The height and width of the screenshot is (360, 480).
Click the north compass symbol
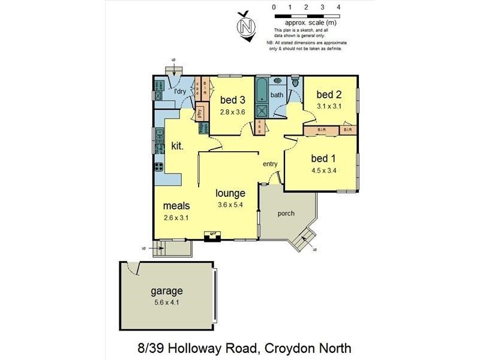(245, 26)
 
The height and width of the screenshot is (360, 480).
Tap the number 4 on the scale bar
(339, 7)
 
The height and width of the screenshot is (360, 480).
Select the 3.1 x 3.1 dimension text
(329, 106)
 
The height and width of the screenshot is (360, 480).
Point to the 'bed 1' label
(323, 158)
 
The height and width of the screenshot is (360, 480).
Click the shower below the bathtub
(262, 111)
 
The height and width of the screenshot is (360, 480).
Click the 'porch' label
(286, 213)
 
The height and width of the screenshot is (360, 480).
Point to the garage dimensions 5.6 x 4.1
(166, 302)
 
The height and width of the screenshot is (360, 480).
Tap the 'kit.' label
(178, 146)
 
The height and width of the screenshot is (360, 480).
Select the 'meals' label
(176, 206)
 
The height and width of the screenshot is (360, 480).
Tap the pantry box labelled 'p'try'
(199, 113)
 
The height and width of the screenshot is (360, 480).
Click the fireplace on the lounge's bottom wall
(212, 235)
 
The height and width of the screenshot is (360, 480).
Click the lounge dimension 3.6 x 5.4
(230, 205)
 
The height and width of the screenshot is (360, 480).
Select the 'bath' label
(277, 95)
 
